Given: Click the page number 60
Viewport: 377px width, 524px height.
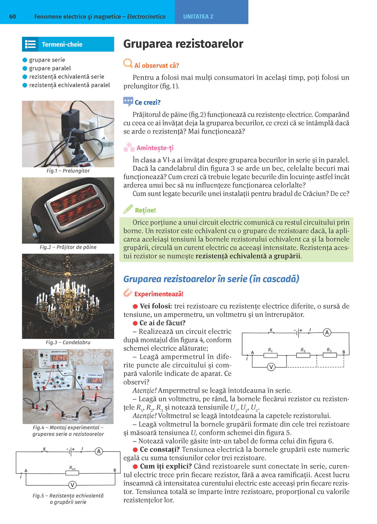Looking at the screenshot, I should [13, 17].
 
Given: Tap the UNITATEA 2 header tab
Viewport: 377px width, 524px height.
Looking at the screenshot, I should [198, 17].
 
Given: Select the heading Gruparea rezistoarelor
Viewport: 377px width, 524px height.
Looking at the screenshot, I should [183, 44].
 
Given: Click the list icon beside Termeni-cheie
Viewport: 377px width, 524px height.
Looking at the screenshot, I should [31, 45].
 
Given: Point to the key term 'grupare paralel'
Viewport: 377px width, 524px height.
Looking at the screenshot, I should [50, 68].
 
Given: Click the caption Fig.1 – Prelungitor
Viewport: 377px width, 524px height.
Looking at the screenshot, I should [68, 171].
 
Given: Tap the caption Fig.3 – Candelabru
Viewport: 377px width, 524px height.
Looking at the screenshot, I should [68, 342].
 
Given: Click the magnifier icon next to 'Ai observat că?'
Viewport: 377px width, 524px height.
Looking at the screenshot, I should [128, 63].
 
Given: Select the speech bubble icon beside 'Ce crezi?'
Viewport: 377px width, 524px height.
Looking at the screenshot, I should [128, 101].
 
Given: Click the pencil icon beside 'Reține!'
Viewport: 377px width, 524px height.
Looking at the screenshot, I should [128, 209].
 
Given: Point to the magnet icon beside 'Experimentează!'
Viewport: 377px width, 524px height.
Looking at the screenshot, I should [128, 293].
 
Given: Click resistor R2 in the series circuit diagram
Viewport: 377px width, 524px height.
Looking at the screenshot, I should [303, 355].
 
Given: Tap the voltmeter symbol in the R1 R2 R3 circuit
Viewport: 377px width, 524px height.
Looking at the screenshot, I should [271, 367].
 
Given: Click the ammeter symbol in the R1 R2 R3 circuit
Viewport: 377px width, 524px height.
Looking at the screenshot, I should [327, 333].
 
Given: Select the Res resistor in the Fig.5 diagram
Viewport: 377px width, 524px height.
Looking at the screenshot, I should [72, 473].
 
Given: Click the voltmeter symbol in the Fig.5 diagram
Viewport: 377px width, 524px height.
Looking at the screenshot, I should [73, 485].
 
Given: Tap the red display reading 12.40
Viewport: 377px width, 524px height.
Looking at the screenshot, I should [58, 357].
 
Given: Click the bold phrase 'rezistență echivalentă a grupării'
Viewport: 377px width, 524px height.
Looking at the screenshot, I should [249, 256].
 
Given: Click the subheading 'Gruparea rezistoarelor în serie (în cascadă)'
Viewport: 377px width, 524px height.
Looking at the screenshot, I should [211, 279].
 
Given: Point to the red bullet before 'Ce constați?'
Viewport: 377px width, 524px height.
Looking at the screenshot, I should [135, 450].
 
